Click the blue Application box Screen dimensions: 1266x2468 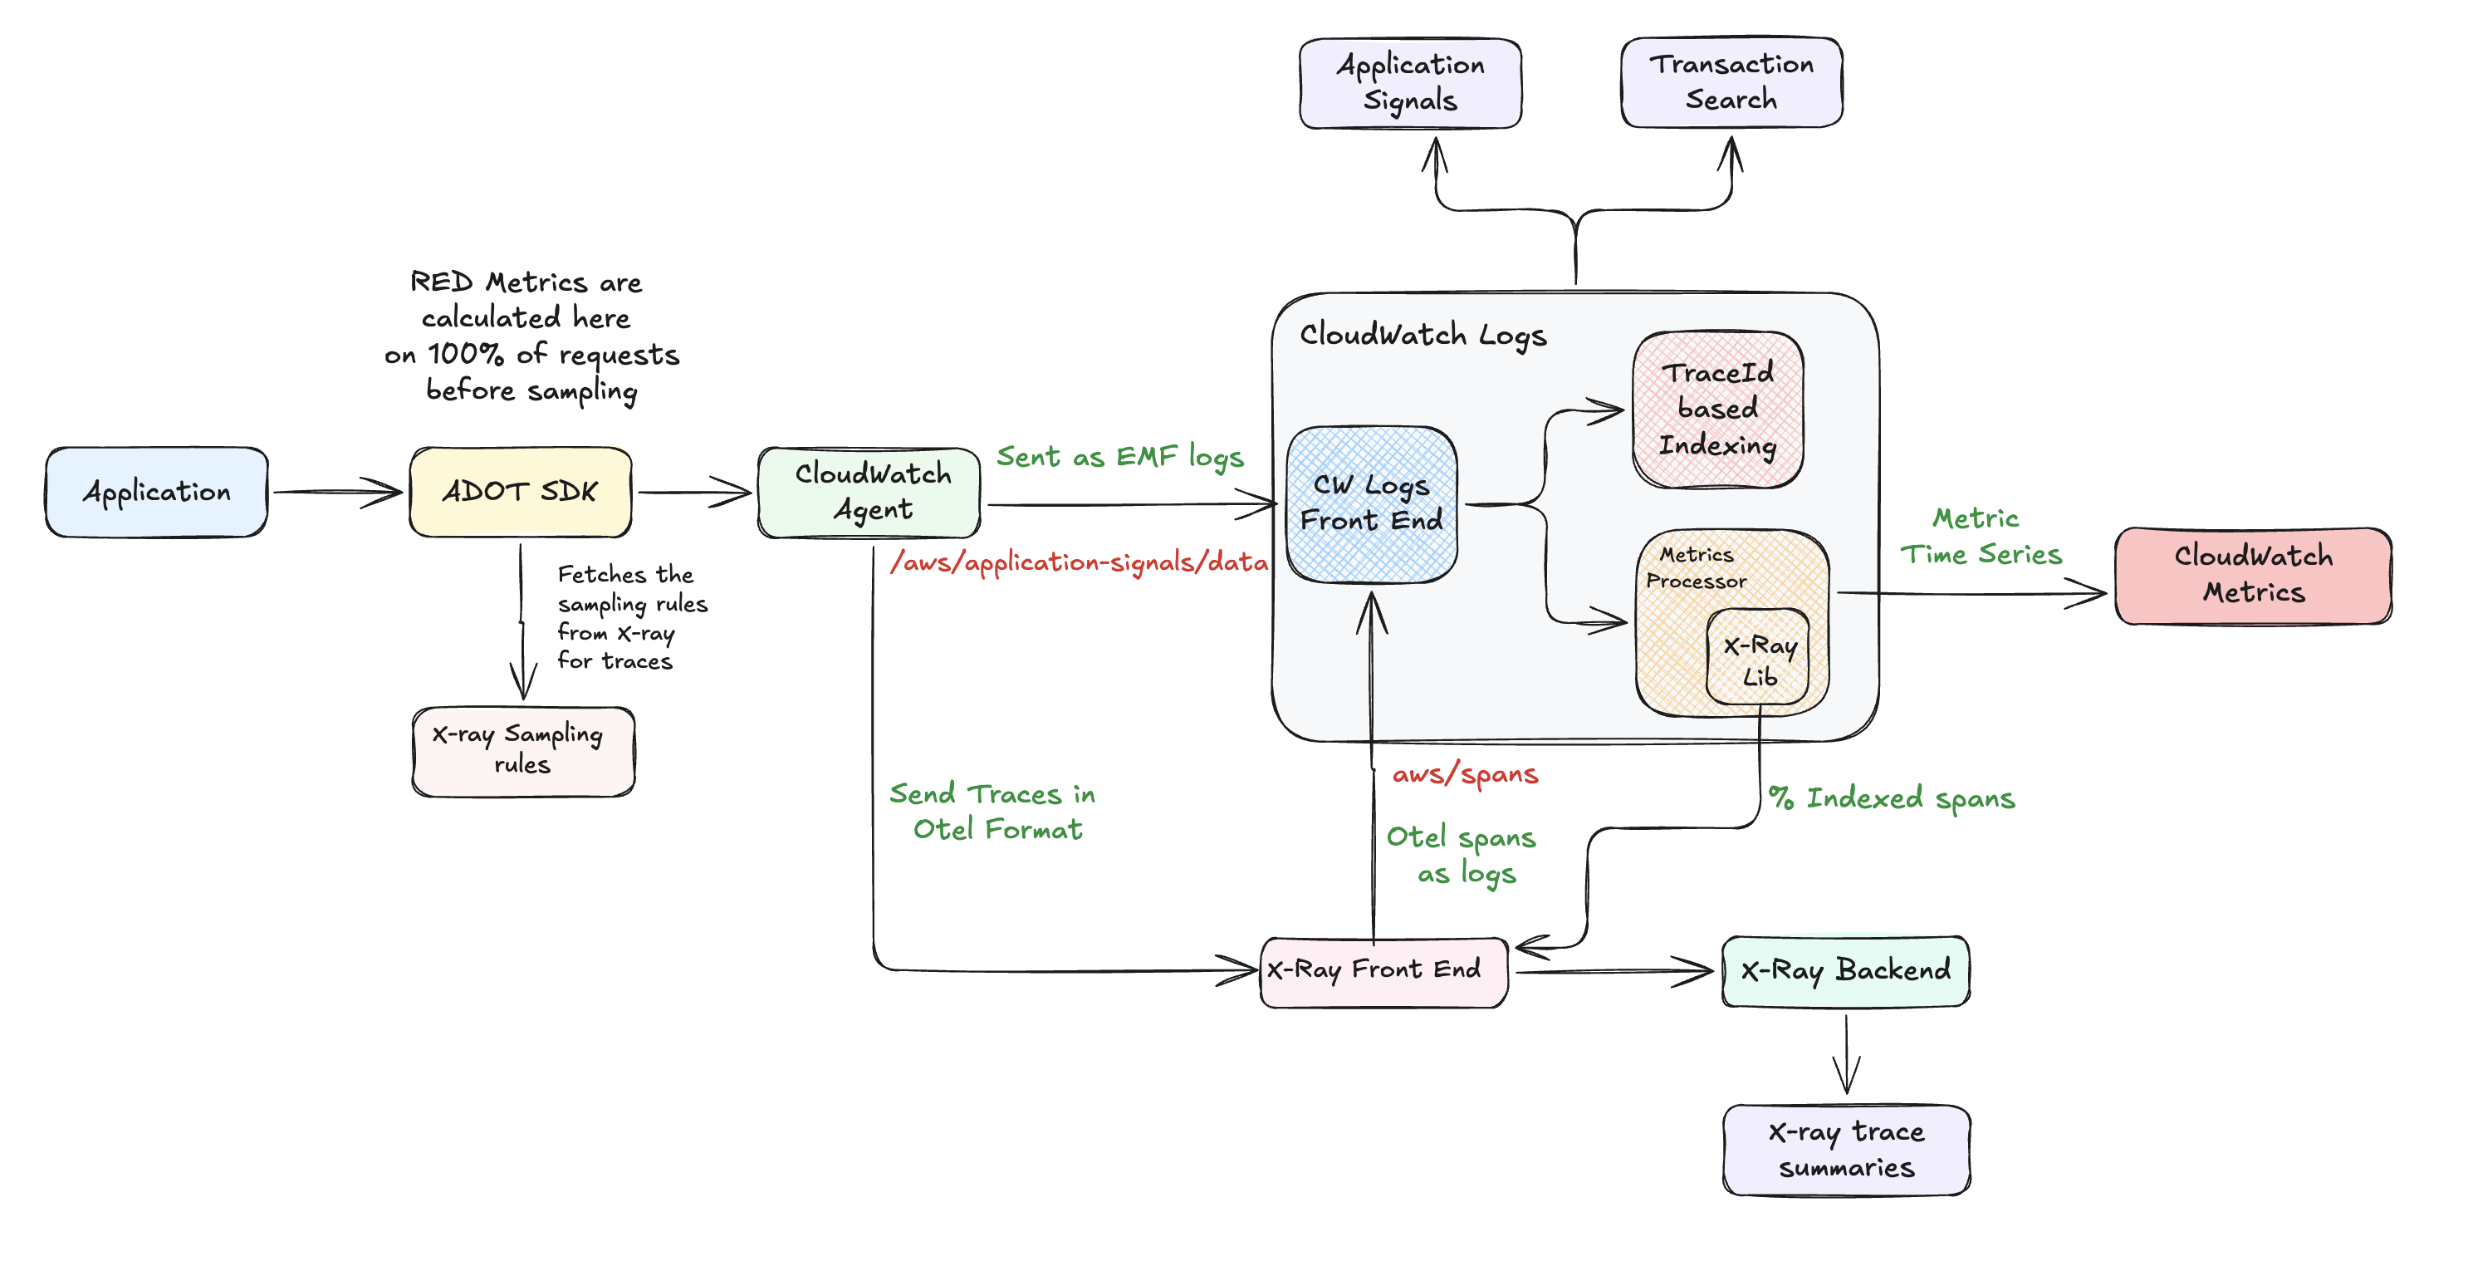tap(156, 492)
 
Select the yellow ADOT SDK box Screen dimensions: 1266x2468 tap(520, 492)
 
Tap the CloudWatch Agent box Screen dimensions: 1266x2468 tap(869, 492)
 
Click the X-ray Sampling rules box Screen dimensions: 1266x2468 tap(523, 750)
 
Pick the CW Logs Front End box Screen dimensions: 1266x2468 tap(1371, 504)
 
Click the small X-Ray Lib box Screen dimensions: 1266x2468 tap(1758, 660)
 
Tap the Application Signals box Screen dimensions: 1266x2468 tap(1409, 83)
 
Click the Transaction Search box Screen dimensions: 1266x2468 tap(1731, 82)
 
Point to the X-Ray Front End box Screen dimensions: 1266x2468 tap(1383, 971)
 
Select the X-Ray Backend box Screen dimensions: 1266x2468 tap(1845, 971)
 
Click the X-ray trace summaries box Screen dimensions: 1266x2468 tap(1845, 1149)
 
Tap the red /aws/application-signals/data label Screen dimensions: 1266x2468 tap(1079, 562)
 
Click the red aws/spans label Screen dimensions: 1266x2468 tap(1465, 774)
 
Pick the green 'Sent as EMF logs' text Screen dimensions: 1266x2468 tap(1119, 457)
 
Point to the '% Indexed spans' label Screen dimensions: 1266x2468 tap(1891, 798)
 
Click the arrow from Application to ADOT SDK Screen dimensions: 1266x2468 tap(337, 492)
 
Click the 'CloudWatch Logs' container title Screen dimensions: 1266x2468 tap(1423, 335)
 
